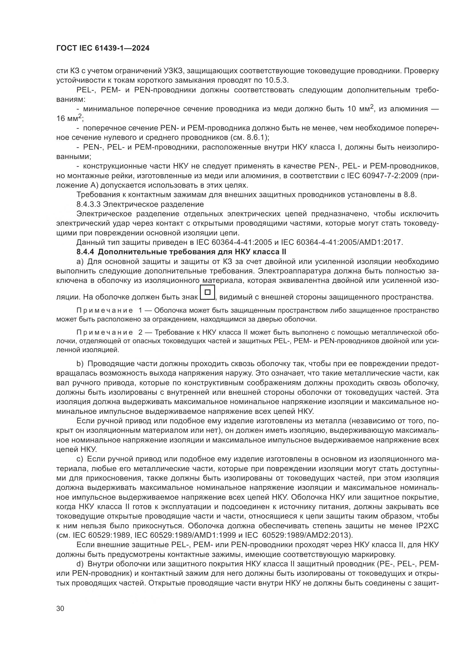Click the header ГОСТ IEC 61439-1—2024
(x=103, y=48)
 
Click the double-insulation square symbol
(x=207, y=292)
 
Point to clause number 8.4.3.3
(x=89, y=204)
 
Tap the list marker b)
(x=80, y=364)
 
